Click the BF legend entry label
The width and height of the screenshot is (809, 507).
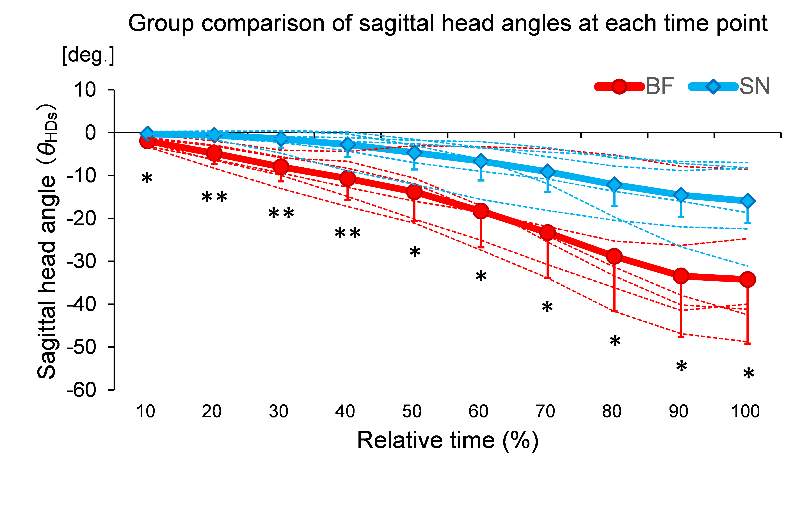pyautogui.click(x=659, y=86)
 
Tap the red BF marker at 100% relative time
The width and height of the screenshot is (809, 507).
pyautogui.click(x=747, y=279)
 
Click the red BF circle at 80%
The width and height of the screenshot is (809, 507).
pyautogui.click(x=614, y=257)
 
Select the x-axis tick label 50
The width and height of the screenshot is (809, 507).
pyautogui.click(x=412, y=411)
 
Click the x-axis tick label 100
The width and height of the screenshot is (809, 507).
pyautogui.click(x=745, y=411)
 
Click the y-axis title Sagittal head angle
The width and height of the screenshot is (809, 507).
pyautogui.click(x=47, y=241)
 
